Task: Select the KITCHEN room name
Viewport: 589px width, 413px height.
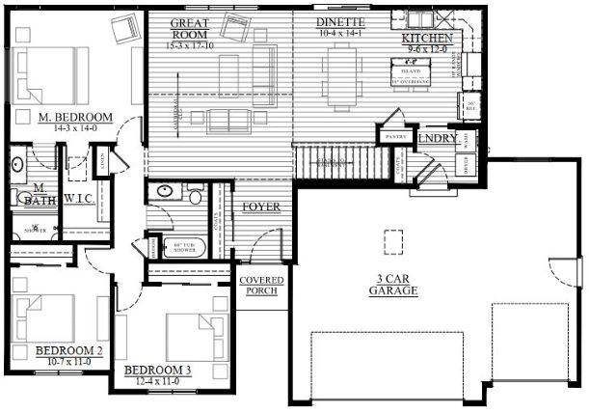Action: (426, 38)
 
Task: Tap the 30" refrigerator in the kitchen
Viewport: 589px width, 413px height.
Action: (469, 107)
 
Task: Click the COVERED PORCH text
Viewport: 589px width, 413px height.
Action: (261, 285)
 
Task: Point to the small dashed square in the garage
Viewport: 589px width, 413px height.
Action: (392, 238)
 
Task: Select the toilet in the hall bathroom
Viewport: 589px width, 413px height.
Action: (196, 197)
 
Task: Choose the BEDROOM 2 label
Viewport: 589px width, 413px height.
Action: (68, 349)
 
